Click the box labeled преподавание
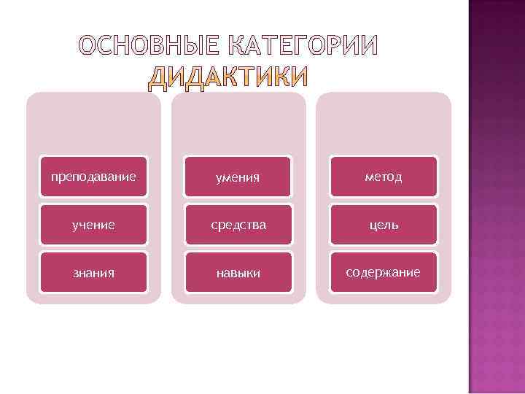coord(93,177)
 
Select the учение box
coord(93,225)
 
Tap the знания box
coord(93,273)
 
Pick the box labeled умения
coord(238,177)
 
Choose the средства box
coord(238,225)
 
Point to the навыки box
coord(238,273)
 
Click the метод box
coord(384,177)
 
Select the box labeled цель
coord(384,225)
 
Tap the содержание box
coord(384,273)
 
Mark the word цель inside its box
coord(384,225)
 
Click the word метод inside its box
coord(384,177)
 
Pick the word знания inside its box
coord(93,273)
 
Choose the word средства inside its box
coord(238,225)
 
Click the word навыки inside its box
coord(238,273)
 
